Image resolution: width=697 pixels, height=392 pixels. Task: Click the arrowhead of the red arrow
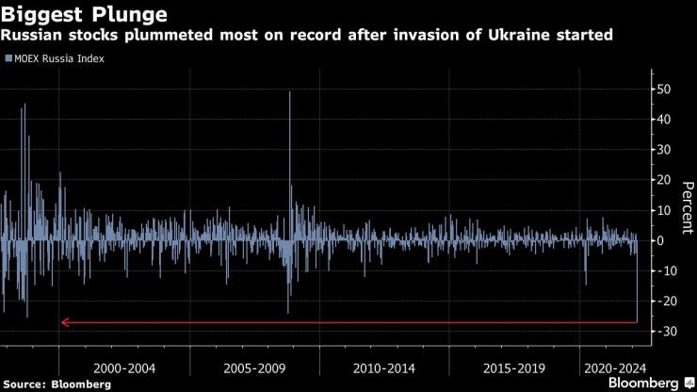tap(64, 322)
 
